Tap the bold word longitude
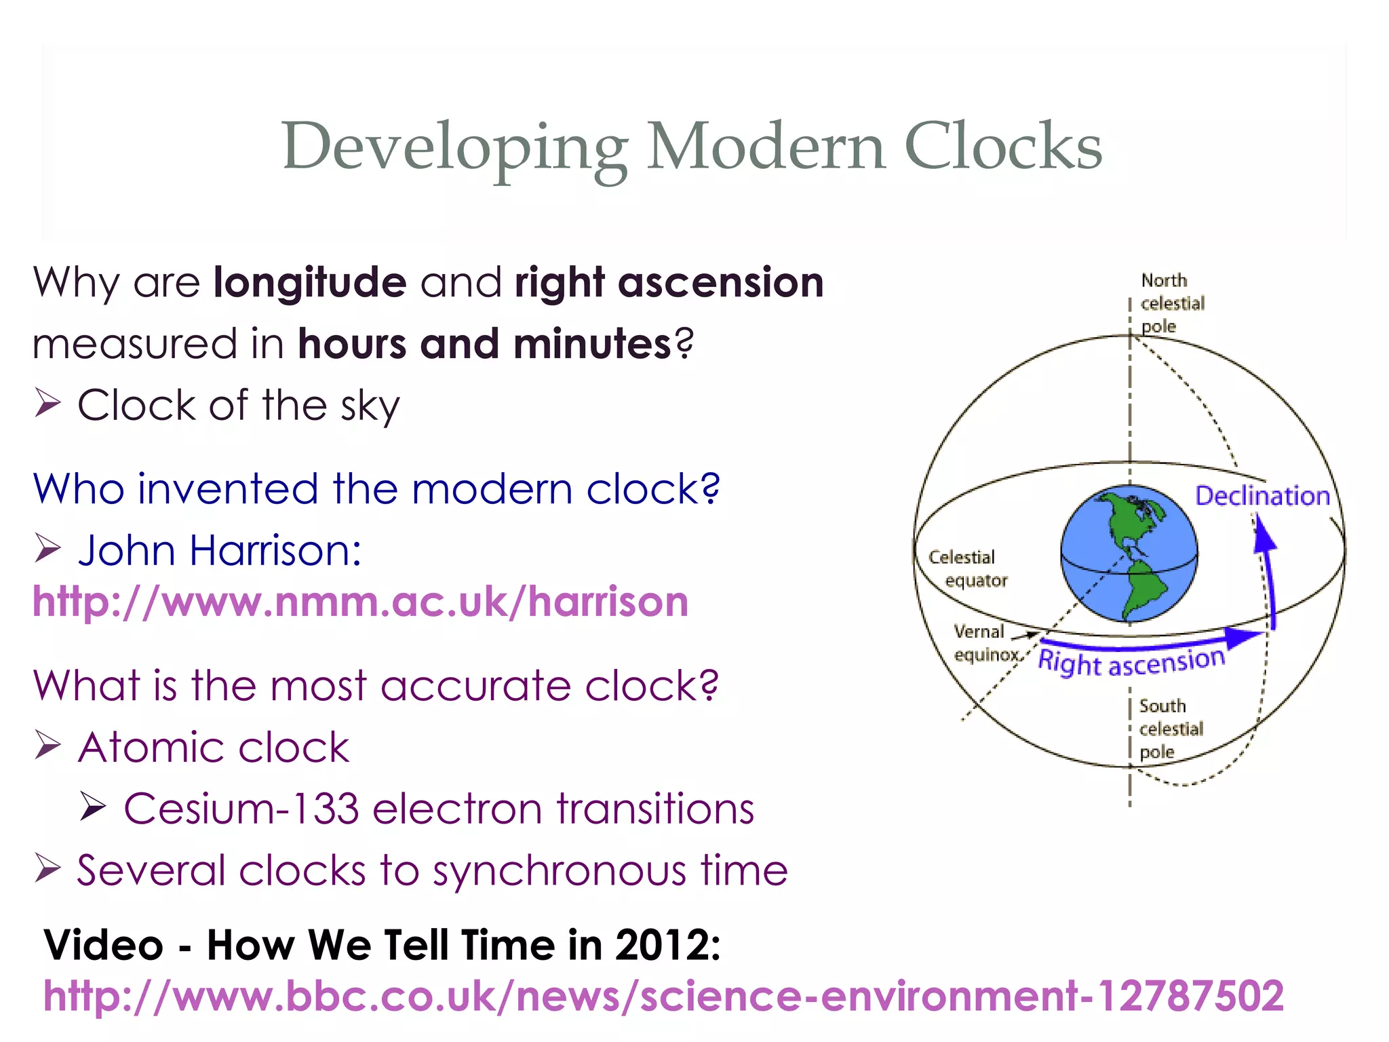(x=310, y=282)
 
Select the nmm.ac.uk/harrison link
(x=361, y=602)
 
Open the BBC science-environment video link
(x=663, y=996)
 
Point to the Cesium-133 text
(x=241, y=809)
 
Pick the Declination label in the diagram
(x=1261, y=496)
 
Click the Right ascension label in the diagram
(x=1131, y=661)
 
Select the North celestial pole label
(x=1172, y=303)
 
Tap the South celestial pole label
(x=1171, y=729)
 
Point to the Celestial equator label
(x=968, y=568)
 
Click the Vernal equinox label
(x=985, y=642)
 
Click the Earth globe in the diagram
(x=1129, y=553)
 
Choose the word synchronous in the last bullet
(x=560, y=870)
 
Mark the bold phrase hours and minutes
(x=485, y=344)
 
